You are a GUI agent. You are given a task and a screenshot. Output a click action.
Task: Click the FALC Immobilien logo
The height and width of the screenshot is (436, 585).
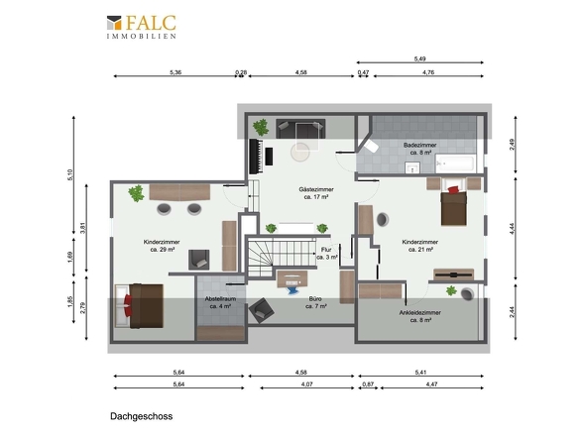click(x=142, y=27)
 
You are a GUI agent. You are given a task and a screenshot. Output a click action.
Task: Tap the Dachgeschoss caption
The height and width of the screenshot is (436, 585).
click(x=142, y=416)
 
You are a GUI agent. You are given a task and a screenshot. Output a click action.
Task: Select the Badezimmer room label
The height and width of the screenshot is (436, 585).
click(x=420, y=149)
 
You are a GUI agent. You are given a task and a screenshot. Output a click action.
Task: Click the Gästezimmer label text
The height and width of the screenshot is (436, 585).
click(x=316, y=193)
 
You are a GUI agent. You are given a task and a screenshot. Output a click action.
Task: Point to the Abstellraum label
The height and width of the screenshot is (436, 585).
click(x=220, y=302)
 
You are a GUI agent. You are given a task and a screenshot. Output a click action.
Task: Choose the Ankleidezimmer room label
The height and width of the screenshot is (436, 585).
click(x=420, y=316)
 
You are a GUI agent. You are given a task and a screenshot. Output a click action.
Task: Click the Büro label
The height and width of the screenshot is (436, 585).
click(x=315, y=302)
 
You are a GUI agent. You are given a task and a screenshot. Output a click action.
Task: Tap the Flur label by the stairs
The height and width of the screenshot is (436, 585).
click(x=327, y=254)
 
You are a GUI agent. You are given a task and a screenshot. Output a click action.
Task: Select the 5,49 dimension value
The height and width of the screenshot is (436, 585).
click(x=419, y=58)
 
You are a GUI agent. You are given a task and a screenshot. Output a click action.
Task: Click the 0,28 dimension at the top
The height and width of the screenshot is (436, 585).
click(x=241, y=72)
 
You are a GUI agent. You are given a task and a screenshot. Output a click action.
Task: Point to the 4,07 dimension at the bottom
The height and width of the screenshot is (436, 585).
click(x=306, y=383)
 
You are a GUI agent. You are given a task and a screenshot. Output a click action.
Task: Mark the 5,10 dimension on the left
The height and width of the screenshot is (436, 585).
click(x=70, y=175)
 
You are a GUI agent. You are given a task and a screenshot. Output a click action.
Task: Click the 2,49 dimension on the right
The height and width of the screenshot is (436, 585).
click(x=512, y=145)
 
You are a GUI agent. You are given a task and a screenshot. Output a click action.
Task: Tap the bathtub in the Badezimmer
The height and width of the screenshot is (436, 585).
click(x=455, y=163)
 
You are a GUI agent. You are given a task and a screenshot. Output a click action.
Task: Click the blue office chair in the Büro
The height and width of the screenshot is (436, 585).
click(x=292, y=287)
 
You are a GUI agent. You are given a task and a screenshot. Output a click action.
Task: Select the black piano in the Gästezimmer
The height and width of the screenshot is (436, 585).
click(x=257, y=157)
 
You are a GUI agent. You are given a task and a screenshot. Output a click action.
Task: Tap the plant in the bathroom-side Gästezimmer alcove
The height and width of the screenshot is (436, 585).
click(x=261, y=127)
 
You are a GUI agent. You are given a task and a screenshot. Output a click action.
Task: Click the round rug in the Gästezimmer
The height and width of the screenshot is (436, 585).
click(x=300, y=153)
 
